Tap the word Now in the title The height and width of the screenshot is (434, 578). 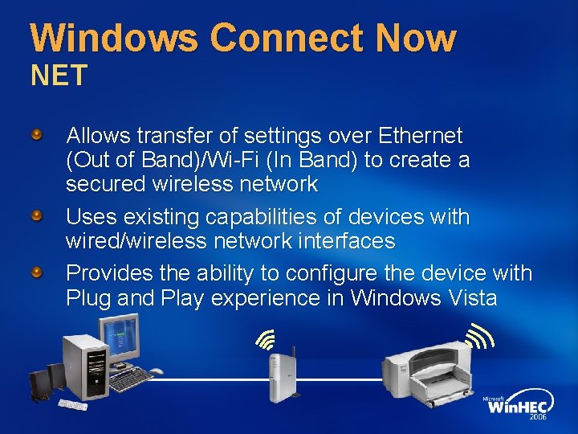[413, 38]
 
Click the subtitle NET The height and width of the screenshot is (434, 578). [59, 76]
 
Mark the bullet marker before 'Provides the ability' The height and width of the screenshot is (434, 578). [38, 273]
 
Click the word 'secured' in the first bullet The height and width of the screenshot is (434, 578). [105, 184]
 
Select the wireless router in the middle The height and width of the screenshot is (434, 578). [283, 375]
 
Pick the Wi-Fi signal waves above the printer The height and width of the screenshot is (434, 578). [479, 335]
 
